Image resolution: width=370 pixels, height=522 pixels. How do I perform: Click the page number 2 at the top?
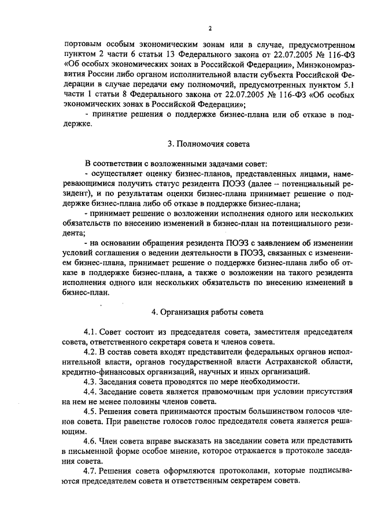coord(210,28)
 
